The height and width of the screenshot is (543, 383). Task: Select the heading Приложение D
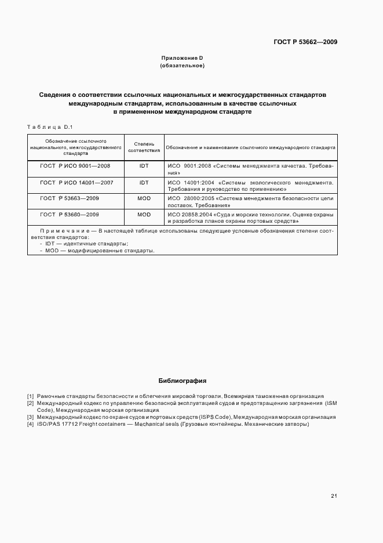pyautogui.click(x=182, y=58)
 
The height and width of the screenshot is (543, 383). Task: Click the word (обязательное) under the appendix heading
pyautogui.click(x=182, y=66)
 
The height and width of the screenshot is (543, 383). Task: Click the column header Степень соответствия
pyautogui.click(x=144, y=147)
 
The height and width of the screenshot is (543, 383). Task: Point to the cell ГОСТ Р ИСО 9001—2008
pyautogui.click(x=75, y=166)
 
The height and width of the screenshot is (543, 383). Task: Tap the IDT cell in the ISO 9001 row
pyautogui.click(x=144, y=166)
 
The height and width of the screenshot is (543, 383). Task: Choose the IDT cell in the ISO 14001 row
pyautogui.click(x=144, y=182)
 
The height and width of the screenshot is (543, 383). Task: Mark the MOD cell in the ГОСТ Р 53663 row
pyautogui.click(x=144, y=198)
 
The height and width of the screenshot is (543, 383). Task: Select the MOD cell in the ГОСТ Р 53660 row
pyautogui.click(x=144, y=215)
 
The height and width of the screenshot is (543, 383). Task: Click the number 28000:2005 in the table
pyautogui.click(x=199, y=198)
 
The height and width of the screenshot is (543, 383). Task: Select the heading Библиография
pyautogui.click(x=182, y=381)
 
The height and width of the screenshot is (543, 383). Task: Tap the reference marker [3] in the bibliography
pyautogui.click(x=31, y=417)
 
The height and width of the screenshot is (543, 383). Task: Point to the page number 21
pyautogui.click(x=334, y=496)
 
